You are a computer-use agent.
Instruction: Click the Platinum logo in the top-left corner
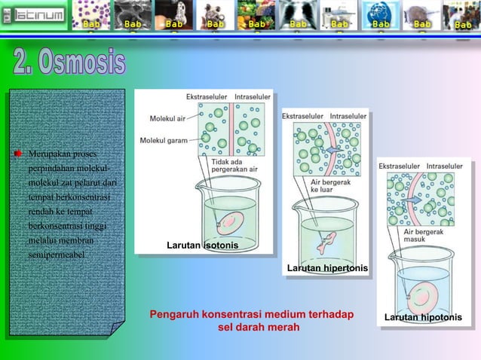pyautogui.click(x=34, y=15)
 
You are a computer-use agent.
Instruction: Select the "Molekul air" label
pyautogui.click(x=167, y=118)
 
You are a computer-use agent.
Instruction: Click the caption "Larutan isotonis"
pyautogui.click(x=202, y=246)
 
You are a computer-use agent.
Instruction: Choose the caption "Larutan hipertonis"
pyautogui.click(x=327, y=268)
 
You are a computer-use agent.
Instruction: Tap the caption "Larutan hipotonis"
pyautogui.click(x=423, y=317)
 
